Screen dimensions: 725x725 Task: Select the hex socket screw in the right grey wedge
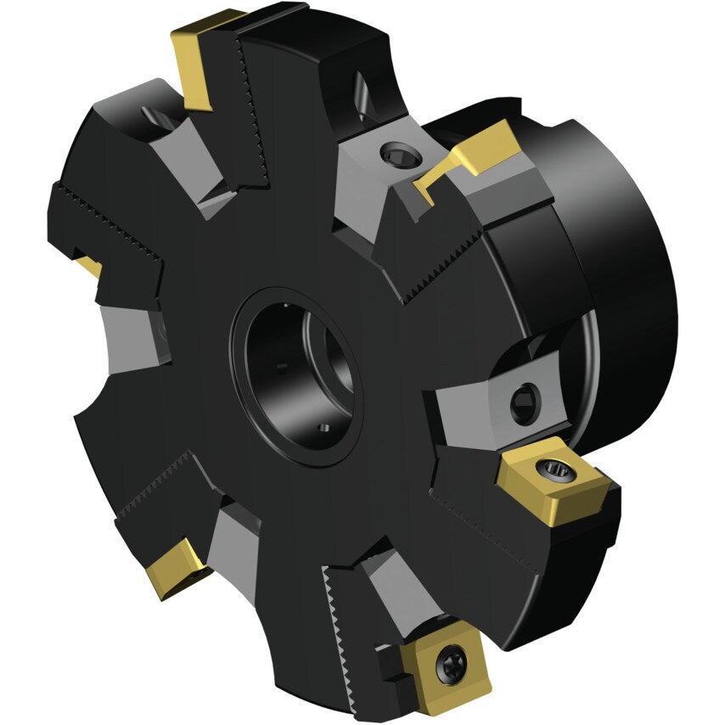524,402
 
